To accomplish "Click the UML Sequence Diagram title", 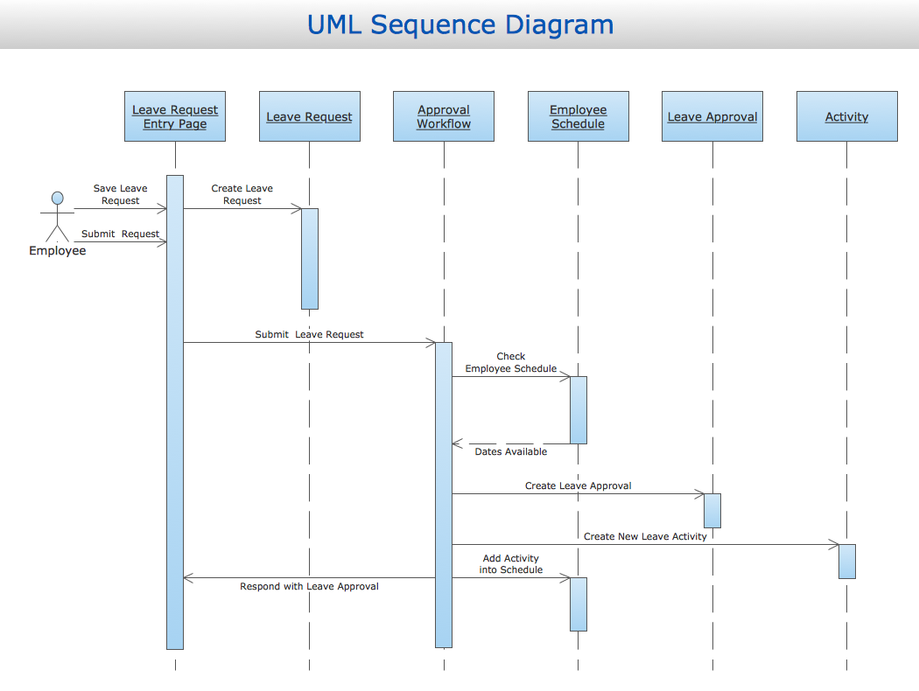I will [x=459, y=24].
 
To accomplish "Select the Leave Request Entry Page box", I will [x=175, y=116].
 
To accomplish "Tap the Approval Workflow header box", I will [x=444, y=116].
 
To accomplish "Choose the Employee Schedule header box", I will [x=578, y=116].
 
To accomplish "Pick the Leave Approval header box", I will [x=712, y=116].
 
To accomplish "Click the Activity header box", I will [x=846, y=116].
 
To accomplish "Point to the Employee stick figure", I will [x=57, y=216].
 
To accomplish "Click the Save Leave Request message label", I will [x=121, y=194].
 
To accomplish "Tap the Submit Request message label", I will [x=121, y=234].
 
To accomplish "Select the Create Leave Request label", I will [x=242, y=194].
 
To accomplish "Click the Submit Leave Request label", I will [x=310, y=334].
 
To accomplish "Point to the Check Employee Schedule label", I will [x=511, y=362].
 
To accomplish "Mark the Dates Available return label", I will [x=511, y=451].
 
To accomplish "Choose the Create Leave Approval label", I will [x=579, y=485].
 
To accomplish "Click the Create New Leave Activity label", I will [x=645, y=536].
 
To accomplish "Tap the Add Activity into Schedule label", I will [x=511, y=564].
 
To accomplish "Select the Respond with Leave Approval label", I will [x=310, y=586].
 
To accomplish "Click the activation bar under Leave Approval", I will [x=712, y=511].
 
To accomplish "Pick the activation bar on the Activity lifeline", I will [x=847, y=561].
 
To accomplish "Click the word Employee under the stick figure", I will [x=58, y=251].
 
